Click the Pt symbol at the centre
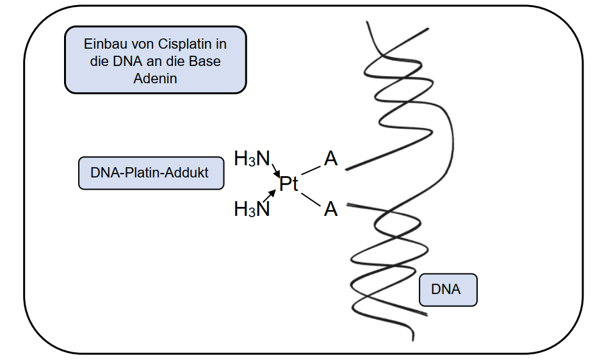289,184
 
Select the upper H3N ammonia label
252,159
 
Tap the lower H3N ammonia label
252,209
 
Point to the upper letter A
330,159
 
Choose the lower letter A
330,209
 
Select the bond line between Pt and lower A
311,200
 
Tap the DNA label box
448,290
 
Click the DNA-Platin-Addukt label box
151,173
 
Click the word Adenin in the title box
156,79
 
